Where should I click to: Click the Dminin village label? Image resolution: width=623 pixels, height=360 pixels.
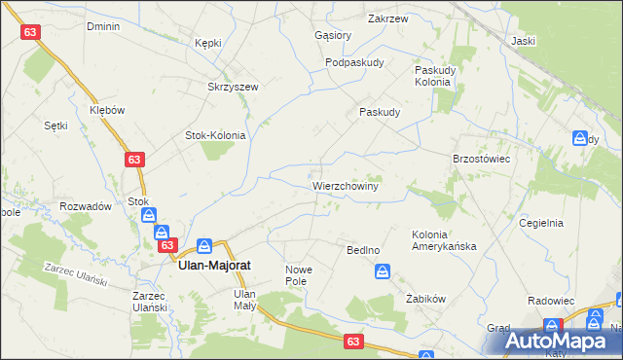[x=102, y=26]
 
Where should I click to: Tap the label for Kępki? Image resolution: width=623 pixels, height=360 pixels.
[x=208, y=43]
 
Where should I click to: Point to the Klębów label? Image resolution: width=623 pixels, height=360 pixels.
[x=108, y=110]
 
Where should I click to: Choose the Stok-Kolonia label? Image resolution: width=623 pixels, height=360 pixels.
[x=215, y=135]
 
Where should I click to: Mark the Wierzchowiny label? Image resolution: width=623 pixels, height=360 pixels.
[x=346, y=184]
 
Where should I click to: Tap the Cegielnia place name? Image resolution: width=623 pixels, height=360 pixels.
[x=542, y=222]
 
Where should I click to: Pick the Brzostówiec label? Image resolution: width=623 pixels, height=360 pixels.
[x=483, y=158]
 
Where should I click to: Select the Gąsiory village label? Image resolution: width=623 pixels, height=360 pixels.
[x=333, y=35]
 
